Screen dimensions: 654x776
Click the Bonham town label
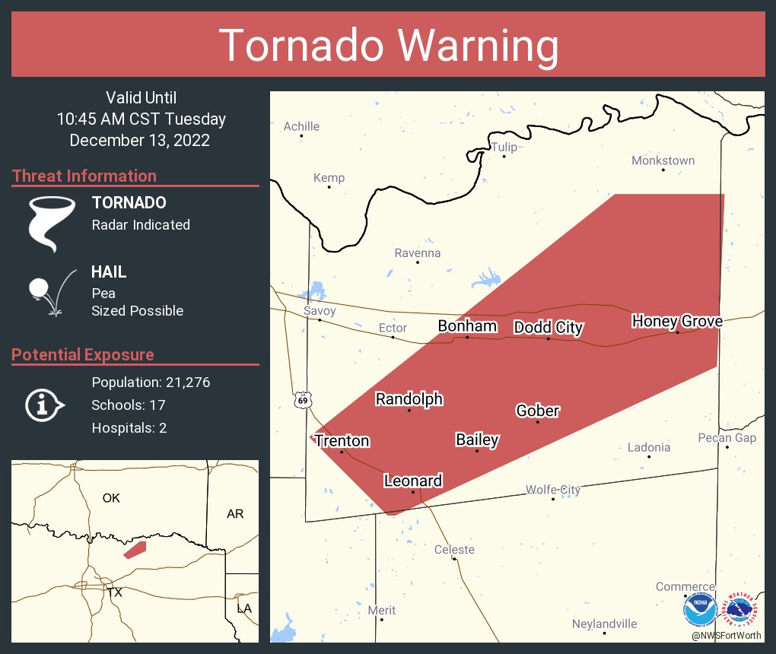click(x=467, y=326)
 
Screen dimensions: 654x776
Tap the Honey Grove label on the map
click(x=677, y=322)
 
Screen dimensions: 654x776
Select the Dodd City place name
click(x=549, y=328)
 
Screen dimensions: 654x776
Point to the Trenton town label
click(x=342, y=441)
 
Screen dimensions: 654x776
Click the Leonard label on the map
click(x=413, y=481)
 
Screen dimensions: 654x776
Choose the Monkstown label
click(x=663, y=160)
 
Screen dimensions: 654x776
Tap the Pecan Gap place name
click(x=727, y=438)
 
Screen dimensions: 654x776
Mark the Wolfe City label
click(x=553, y=490)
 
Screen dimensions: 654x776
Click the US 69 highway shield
click(x=303, y=400)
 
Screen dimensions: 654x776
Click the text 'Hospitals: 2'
click(x=129, y=427)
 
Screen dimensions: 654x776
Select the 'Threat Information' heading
click(x=84, y=176)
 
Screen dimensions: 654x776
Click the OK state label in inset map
click(x=111, y=498)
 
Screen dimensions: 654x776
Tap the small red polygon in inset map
click(x=135, y=549)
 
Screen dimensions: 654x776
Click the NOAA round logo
click(x=701, y=610)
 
